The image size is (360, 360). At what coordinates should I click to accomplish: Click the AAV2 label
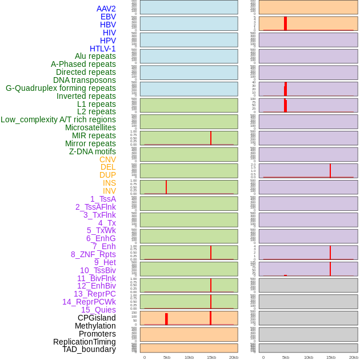106,9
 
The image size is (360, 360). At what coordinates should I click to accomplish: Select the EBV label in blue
108,17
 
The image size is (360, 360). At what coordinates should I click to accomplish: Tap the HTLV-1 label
102,49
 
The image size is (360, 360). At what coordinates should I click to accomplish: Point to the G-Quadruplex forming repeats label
61,88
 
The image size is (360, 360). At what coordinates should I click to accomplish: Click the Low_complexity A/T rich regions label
58,119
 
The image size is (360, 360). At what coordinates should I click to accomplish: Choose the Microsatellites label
90,127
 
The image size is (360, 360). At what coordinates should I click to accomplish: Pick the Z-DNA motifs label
93,151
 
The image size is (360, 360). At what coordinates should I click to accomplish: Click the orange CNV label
107,159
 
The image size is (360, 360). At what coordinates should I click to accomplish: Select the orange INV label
109,191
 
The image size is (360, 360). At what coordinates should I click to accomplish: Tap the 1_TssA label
103,199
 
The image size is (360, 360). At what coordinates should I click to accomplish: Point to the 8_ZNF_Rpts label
93,254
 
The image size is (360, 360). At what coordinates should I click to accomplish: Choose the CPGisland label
97,318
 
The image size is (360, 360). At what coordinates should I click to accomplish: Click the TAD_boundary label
89,349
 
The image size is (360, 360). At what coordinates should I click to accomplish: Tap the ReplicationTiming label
85,342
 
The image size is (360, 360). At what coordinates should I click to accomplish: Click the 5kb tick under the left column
167,357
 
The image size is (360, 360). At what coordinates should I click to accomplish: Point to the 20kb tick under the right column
354,357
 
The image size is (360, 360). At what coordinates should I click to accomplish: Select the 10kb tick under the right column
308,357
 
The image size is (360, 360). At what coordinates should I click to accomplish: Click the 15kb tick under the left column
211,357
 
